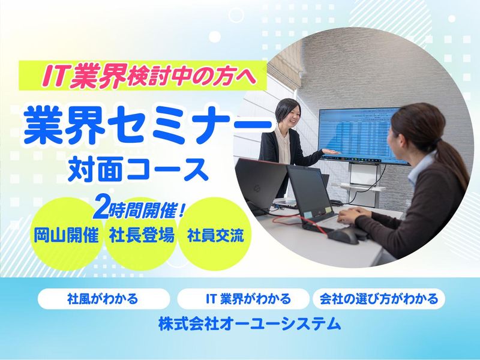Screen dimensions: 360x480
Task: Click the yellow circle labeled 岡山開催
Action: [66, 235]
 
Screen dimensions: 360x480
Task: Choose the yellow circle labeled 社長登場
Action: [142, 235]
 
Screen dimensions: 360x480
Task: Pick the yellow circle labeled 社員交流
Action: [215, 235]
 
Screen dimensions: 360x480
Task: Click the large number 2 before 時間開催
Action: [100, 210]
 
